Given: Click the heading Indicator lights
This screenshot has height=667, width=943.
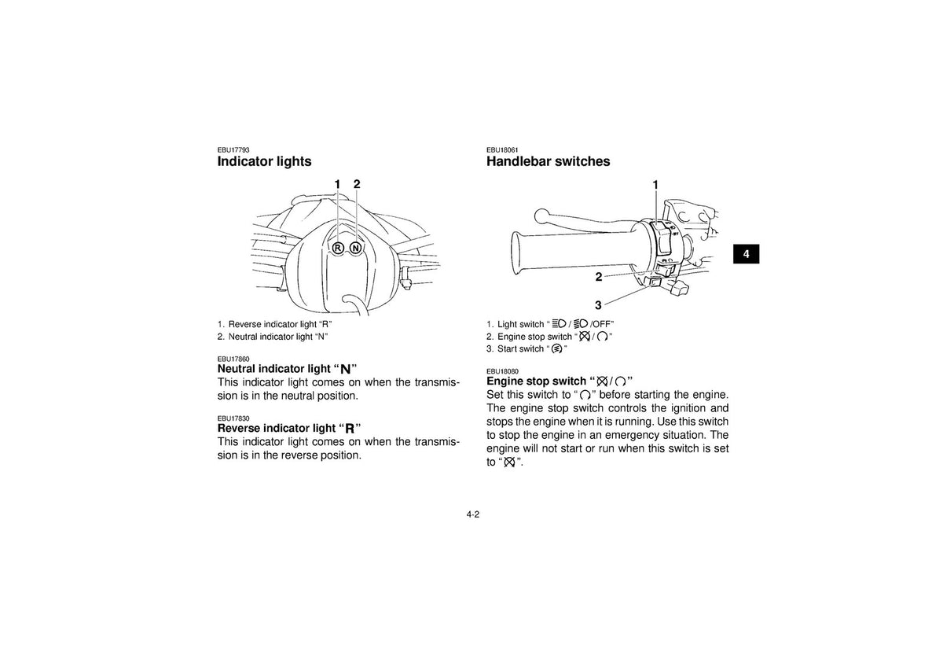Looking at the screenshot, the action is point(264,161).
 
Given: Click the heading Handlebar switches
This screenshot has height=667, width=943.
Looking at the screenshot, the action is point(549,161).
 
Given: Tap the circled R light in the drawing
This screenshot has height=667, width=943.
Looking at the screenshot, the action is point(338,249).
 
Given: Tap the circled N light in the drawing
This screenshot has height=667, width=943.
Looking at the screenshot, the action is point(356,249).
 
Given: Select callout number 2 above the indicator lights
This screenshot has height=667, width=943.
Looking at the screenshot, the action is point(357,184).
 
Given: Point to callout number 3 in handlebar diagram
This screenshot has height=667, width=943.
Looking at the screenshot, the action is point(598,304).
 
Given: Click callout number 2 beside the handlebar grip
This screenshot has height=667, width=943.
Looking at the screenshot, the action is point(599,277).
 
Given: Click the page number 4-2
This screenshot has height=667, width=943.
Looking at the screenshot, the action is point(473,514).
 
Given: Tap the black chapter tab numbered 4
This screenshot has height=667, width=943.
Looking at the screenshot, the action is point(746,253).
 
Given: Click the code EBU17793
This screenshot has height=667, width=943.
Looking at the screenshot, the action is point(233,150).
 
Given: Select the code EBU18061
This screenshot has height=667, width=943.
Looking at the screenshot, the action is point(502,150).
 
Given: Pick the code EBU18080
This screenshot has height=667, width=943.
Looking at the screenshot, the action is point(502,371).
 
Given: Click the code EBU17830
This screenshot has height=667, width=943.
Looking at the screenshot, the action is point(233,418).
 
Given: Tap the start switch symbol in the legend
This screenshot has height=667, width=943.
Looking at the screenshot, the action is point(556,349).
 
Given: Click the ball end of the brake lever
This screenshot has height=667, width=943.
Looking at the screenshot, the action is point(541,216).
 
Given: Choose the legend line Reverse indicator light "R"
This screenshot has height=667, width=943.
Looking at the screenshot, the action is point(275,324).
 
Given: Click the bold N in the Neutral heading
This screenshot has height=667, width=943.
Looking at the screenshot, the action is point(346,370).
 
